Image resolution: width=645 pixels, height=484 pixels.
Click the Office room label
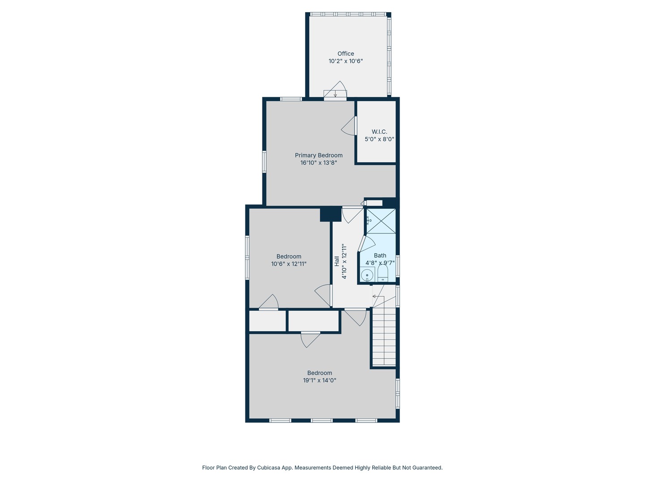(x=345, y=53)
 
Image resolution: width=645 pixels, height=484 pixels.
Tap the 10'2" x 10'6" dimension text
(x=345, y=61)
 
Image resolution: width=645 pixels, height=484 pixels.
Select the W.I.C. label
(x=379, y=132)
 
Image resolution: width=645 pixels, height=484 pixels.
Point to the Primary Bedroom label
(x=318, y=155)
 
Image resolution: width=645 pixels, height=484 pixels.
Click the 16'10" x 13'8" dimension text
(x=318, y=163)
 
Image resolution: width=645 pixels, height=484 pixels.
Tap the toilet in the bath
(x=383, y=273)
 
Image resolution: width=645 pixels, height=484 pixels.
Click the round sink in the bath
(x=367, y=275)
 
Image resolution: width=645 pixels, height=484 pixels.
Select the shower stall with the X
(x=381, y=221)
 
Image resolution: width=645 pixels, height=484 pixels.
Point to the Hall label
(x=337, y=261)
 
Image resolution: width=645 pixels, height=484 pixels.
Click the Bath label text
(x=380, y=255)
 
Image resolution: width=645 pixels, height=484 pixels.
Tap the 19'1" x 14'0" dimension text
(x=319, y=380)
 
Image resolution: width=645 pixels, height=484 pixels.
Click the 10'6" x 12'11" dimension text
(x=288, y=264)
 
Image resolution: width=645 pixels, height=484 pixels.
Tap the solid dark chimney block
(x=331, y=214)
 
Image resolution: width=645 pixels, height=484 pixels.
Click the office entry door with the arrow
(x=335, y=91)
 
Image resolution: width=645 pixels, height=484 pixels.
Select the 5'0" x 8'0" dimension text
(x=379, y=139)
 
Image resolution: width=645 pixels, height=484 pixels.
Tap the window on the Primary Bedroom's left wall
(x=264, y=162)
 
